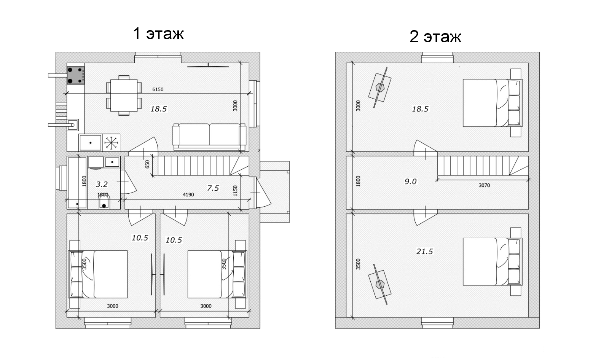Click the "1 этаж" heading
pyautogui.click(x=158, y=33)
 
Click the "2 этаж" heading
pyautogui.click(x=435, y=37)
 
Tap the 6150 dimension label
pyautogui.click(x=158, y=89)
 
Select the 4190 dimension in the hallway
pyautogui.click(x=188, y=195)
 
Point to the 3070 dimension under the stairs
pyautogui.click(x=484, y=186)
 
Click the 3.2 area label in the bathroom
pyautogui.click(x=102, y=184)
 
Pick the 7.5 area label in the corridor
pyautogui.click(x=213, y=188)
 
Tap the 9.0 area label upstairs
pyautogui.click(x=411, y=182)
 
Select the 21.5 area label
pyautogui.click(x=424, y=252)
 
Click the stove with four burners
pyautogui.click(x=75, y=75)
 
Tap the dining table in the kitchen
pyautogui.click(x=124, y=95)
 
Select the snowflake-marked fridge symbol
pyautogui.click(x=111, y=143)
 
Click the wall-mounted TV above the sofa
pyautogui.click(x=208, y=66)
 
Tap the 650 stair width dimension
pyautogui.click(x=147, y=164)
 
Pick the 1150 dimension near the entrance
pyautogui.click(x=235, y=191)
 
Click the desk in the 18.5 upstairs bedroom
pyautogui.click(x=380, y=88)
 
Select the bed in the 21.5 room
pyautogui.click(x=493, y=261)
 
